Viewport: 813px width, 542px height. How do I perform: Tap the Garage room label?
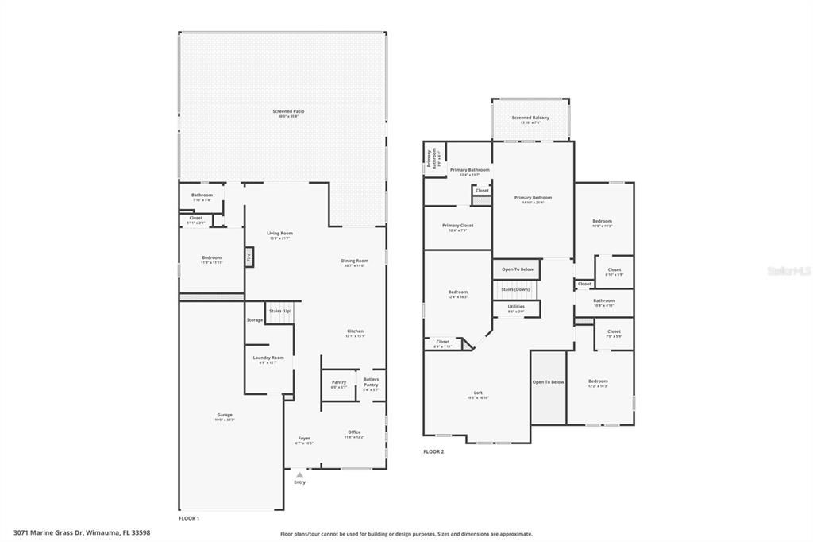click(x=225, y=415)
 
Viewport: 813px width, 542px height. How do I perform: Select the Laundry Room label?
click(x=268, y=358)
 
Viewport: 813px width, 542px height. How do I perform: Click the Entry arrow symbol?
click(x=299, y=475)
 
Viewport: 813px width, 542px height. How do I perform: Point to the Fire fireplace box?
click(x=249, y=257)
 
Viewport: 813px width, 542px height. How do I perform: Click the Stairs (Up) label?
click(x=279, y=311)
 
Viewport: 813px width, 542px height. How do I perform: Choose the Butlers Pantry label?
click(x=371, y=383)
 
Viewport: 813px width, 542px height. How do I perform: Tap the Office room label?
click(x=354, y=433)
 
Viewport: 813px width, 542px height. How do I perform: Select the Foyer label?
click(x=304, y=439)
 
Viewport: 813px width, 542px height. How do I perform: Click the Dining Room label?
click(x=354, y=261)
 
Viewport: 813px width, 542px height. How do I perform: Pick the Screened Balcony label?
click(x=530, y=118)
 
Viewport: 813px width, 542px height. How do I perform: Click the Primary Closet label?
click(x=457, y=226)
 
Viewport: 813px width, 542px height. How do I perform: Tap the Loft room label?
click(x=478, y=393)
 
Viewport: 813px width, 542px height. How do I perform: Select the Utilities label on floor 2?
click(x=516, y=307)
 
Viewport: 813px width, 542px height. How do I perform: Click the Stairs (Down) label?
click(x=516, y=289)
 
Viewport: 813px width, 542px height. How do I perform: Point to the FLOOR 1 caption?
click(x=189, y=518)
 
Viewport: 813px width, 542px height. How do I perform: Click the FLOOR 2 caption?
click(x=433, y=451)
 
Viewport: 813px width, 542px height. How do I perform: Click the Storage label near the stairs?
click(x=254, y=320)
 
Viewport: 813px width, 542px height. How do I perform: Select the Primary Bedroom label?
click(x=533, y=199)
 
